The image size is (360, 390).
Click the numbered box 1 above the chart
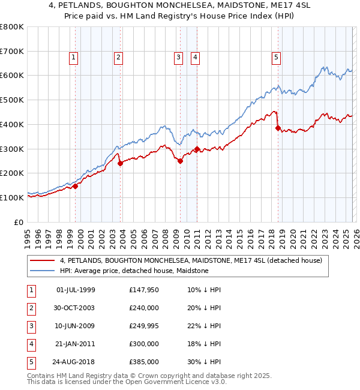pyautogui.click(x=73, y=58)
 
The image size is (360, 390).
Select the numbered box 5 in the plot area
pyautogui.click(x=276, y=58)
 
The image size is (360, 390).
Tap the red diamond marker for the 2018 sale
pyautogui.click(x=278, y=127)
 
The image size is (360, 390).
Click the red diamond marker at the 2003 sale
pyautogui.click(x=120, y=163)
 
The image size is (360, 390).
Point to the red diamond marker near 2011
pyautogui.click(x=197, y=148)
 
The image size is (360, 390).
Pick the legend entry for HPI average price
pyautogui.click(x=134, y=271)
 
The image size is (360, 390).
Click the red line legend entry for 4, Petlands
pyautogui.click(x=191, y=260)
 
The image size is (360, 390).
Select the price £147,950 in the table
pyautogui.click(x=143, y=290)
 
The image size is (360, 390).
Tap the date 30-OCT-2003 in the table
pyautogui.click(x=75, y=308)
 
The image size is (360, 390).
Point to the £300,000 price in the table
pyautogui.click(x=143, y=344)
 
